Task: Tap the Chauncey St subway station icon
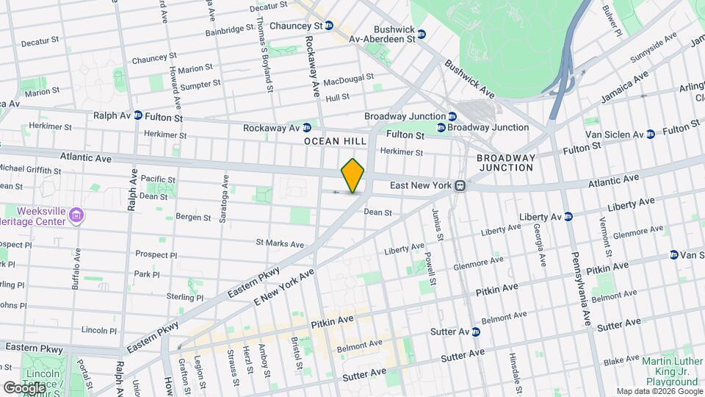[x=330, y=25]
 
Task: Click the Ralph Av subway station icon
[x=137, y=116]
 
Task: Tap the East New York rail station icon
[x=460, y=186]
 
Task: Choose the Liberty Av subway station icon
[x=567, y=216]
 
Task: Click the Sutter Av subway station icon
[x=475, y=332]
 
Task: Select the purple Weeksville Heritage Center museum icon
[x=78, y=215]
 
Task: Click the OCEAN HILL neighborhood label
[x=329, y=140]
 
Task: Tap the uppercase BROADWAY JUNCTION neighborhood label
[x=505, y=162]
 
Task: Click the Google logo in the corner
[x=24, y=387]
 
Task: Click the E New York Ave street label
[x=283, y=287]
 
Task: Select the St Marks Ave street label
[x=280, y=243]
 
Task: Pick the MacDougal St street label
[x=349, y=79]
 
